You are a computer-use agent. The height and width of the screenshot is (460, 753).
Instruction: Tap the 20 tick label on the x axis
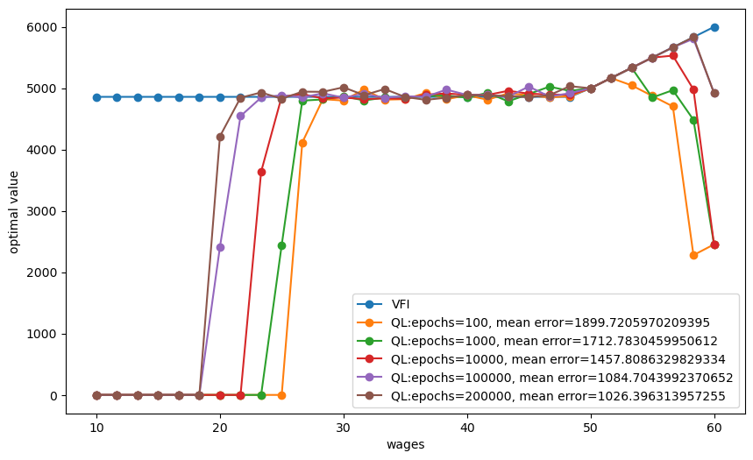(220, 428)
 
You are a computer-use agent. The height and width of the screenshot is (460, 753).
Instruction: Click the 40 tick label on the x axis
(467, 428)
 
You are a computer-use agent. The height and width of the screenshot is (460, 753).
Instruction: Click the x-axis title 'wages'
(405, 445)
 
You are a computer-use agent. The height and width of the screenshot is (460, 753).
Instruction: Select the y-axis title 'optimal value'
(15, 211)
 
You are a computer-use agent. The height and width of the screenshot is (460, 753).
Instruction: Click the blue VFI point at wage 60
(714, 27)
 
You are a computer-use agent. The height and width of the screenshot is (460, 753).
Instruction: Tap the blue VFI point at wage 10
(96, 97)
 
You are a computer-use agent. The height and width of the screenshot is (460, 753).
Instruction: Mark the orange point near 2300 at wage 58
(693, 255)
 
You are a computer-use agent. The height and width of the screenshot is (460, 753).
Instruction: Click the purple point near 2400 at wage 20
(220, 247)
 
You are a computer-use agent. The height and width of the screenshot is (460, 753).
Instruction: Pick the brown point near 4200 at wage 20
(220, 137)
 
